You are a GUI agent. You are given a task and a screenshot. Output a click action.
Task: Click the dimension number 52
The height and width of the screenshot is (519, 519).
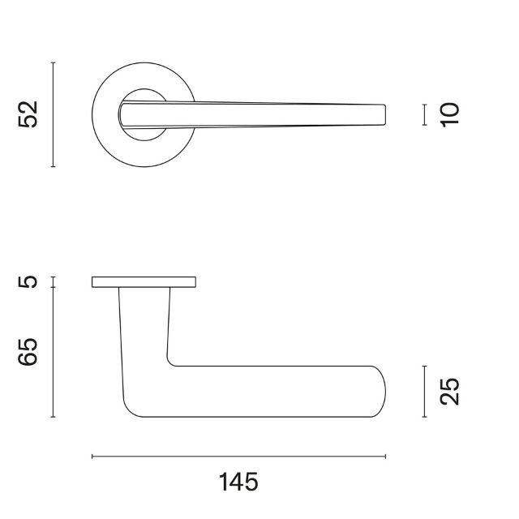tap(29, 114)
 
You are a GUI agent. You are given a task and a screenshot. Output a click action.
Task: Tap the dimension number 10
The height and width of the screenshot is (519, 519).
tap(449, 114)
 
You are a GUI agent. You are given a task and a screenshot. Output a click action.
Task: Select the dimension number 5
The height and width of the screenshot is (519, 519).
tap(29, 282)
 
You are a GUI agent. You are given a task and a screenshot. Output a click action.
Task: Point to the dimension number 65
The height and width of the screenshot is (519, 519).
tap(29, 353)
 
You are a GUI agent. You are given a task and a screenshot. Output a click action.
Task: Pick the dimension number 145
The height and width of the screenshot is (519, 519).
tap(238, 483)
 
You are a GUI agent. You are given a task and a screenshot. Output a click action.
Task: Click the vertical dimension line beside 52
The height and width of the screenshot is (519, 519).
tap(54, 114)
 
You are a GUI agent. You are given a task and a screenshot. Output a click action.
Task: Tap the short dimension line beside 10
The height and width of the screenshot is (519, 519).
tap(424, 114)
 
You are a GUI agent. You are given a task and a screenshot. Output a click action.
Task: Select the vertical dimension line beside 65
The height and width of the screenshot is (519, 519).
tap(54, 353)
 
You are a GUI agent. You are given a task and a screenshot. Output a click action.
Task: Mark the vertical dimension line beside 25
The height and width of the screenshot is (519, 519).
tap(424, 392)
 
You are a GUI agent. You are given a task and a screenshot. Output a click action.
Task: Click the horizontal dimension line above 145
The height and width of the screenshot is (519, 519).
tap(238, 457)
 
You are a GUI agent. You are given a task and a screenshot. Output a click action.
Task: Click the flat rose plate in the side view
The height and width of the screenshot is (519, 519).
tap(144, 281)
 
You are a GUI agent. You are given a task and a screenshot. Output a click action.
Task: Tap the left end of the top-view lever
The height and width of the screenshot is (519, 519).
tap(124, 114)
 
